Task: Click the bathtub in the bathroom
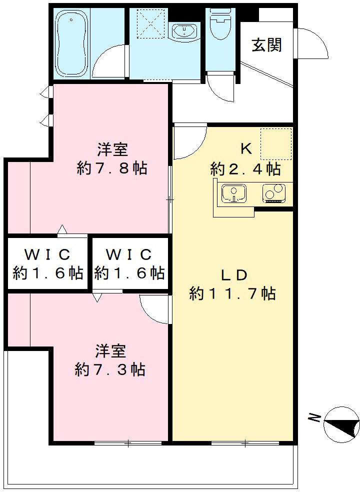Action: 71,44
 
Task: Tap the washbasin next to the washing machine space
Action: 185,31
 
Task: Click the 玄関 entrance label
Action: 266,45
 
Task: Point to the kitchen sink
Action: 233,193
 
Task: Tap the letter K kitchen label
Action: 245,148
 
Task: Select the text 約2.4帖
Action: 245,169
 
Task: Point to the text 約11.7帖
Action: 232,293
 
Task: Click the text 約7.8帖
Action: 112,168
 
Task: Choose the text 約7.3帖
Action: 110,370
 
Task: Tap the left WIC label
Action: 47,254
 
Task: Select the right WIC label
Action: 129,254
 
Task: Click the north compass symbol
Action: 341,424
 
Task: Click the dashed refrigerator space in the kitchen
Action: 275,143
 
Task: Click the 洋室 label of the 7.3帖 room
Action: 111,351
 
